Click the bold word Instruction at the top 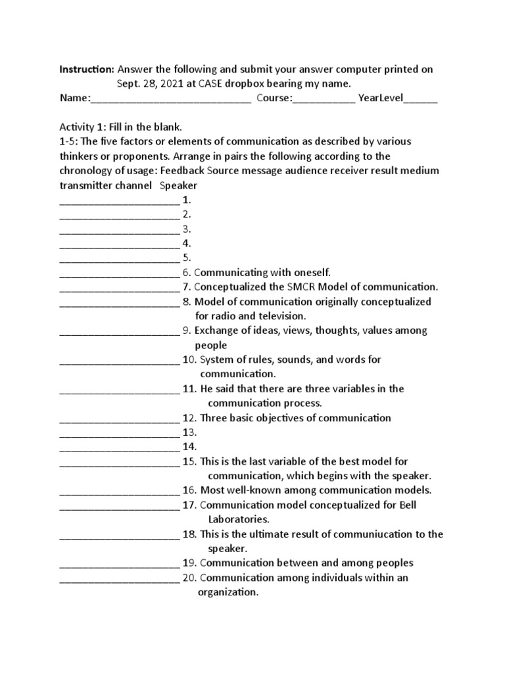[x=87, y=69]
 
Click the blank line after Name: [x=170, y=99]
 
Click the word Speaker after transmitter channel [x=179, y=185]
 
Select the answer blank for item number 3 [x=119, y=229]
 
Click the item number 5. [x=187, y=258]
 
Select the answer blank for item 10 [x=119, y=360]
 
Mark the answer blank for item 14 [x=119, y=447]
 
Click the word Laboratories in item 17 [x=238, y=519]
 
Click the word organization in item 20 [x=228, y=592]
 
